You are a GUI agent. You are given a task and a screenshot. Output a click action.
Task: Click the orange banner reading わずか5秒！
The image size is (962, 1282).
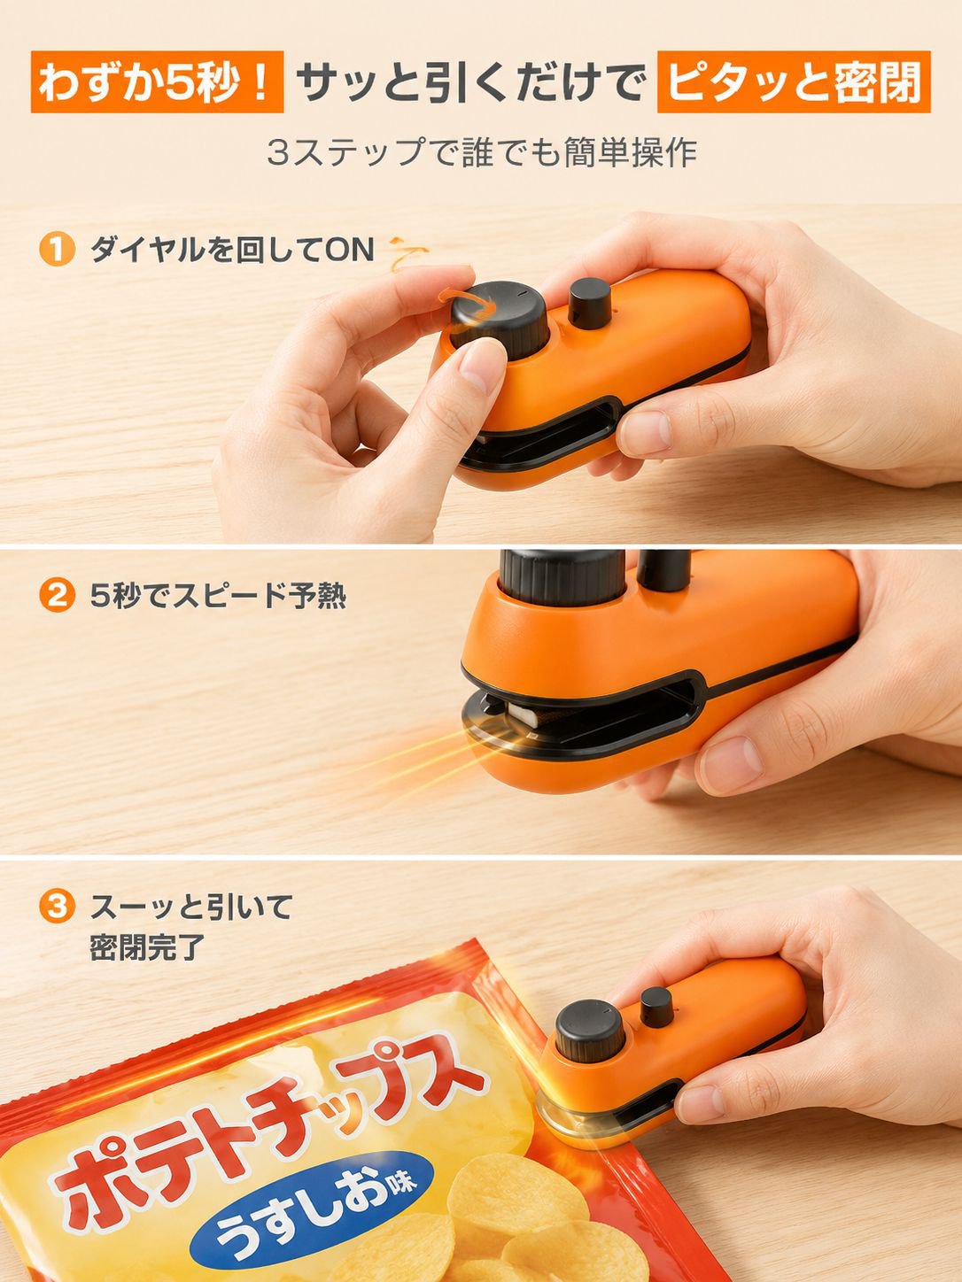(x=157, y=81)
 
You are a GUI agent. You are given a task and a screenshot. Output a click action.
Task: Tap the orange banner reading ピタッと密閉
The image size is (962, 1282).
(x=794, y=81)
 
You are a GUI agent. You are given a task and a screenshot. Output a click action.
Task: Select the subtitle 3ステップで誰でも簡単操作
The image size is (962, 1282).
(x=482, y=152)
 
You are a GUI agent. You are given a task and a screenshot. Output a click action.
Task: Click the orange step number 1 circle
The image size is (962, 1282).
(x=57, y=250)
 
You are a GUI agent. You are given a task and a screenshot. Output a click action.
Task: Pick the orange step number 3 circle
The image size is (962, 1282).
(x=57, y=907)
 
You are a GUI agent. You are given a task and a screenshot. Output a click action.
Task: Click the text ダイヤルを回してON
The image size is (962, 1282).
(x=232, y=250)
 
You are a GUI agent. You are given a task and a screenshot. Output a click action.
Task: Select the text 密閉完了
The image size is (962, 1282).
(x=147, y=947)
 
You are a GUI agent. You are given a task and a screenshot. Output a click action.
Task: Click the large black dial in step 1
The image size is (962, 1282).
(x=499, y=320)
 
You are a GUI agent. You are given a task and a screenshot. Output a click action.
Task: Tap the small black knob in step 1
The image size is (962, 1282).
(x=591, y=303)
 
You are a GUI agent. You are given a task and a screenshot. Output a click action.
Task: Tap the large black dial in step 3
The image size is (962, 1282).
(x=589, y=1031)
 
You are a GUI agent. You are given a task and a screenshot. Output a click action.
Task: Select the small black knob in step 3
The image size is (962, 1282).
(x=656, y=1007)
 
